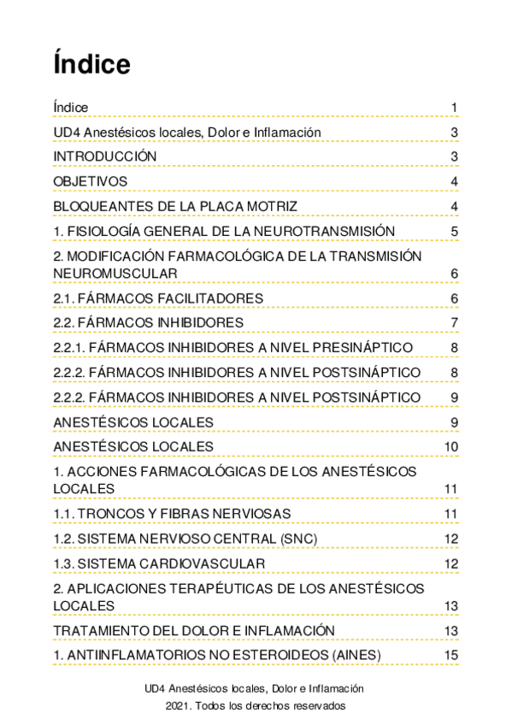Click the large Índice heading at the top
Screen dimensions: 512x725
(91, 63)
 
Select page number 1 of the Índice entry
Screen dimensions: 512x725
(455, 108)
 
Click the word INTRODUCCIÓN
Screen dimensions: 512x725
(104, 156)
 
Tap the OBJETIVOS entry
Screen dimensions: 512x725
(90, 181)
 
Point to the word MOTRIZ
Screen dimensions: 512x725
(268, 206)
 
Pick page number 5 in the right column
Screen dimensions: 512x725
(455, 232)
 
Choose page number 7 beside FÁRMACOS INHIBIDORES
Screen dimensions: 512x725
(455, 322)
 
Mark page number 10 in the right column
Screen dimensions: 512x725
(451, 447)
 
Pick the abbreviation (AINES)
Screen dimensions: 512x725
(350, 655)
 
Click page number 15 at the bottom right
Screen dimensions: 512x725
(451, 655)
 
